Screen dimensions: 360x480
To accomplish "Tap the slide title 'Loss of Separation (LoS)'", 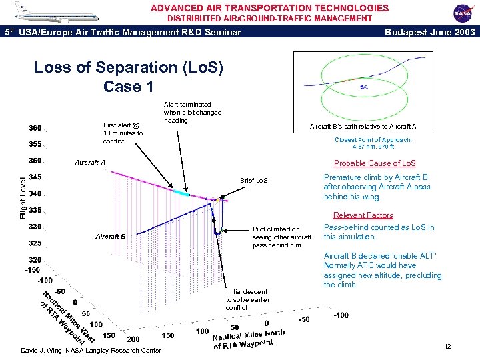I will coord(129,68).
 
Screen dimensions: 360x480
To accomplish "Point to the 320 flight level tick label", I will coord(35,260).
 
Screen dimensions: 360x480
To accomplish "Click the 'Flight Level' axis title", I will coord(23,197).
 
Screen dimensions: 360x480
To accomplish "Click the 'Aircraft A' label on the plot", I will coord(91,163).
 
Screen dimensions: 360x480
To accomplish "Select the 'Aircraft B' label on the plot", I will coord(111,236).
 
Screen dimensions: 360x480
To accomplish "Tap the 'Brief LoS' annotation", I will coord(253,181).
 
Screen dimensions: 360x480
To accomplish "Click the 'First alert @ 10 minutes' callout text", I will coord(123,133).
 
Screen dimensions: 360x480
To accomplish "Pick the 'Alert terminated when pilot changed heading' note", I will coord(192,112).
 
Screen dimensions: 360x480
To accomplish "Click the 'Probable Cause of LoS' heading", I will coord(375,163).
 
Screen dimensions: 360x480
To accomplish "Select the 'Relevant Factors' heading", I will coord(363,215).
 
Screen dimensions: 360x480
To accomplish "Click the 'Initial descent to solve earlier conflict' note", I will coord(247,299).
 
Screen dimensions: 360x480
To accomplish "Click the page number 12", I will coord(447,346).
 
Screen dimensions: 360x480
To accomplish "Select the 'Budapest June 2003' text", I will coord(431,32).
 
